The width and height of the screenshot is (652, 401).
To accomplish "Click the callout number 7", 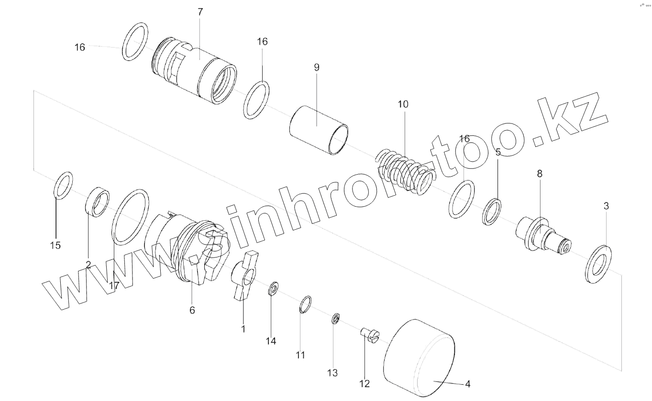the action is (200, 12).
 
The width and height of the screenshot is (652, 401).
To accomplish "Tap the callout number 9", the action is (317, 67).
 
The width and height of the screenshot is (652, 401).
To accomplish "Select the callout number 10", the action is (403, 104).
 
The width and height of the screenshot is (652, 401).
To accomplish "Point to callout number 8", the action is (540, 174).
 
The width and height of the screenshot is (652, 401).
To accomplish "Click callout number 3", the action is (606, 206).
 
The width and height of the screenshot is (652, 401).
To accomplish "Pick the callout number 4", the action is (468, 384).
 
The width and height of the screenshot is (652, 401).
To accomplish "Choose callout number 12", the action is (365, 384).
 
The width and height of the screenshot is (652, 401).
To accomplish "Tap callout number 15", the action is (55, 245).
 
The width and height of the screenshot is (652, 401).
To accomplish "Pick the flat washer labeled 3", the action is (598, 264).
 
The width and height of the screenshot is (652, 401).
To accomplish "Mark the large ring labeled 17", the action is (131, 216).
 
